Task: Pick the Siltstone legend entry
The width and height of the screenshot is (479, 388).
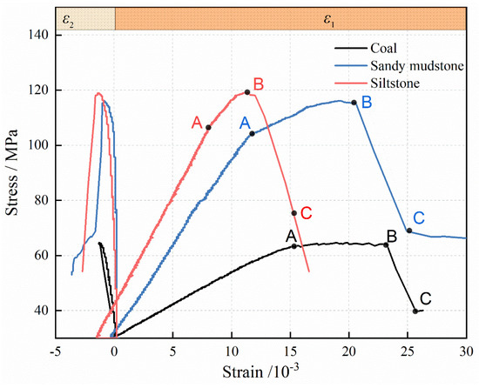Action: click(x=395, y=83)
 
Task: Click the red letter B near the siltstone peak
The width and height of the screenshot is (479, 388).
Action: click(x=259, y=84)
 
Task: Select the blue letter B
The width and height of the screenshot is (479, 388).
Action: click(x=367, y=103)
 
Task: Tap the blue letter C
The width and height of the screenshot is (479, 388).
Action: click(x=419, y=217)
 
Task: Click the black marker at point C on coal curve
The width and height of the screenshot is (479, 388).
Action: click(x=415, y=311)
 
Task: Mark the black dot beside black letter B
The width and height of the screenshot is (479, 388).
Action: click(x=387, y=245)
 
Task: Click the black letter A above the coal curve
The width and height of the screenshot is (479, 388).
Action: click(x=291, y=235)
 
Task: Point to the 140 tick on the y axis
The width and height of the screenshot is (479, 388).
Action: click(x=39, y=35)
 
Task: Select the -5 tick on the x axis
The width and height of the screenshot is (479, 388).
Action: click(x=55, y=352)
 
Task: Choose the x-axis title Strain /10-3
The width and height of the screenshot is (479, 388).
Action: click(x=260, y=374)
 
